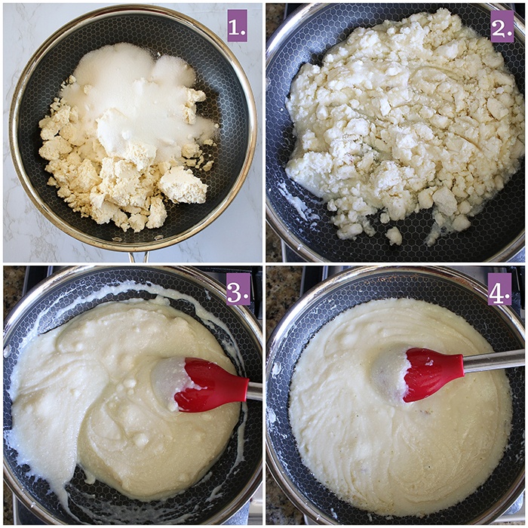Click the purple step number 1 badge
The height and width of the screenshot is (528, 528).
237,26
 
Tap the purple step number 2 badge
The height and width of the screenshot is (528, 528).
502,26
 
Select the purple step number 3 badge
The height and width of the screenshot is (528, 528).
238,289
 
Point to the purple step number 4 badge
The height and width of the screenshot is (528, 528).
499,289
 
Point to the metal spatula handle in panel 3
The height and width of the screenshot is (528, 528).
254,391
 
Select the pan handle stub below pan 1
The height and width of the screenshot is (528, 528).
138,256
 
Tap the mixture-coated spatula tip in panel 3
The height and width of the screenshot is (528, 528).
168,380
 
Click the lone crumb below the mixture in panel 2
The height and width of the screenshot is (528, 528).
394,235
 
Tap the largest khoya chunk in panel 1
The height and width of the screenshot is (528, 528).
183,185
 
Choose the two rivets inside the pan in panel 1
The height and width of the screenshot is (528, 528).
139,239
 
